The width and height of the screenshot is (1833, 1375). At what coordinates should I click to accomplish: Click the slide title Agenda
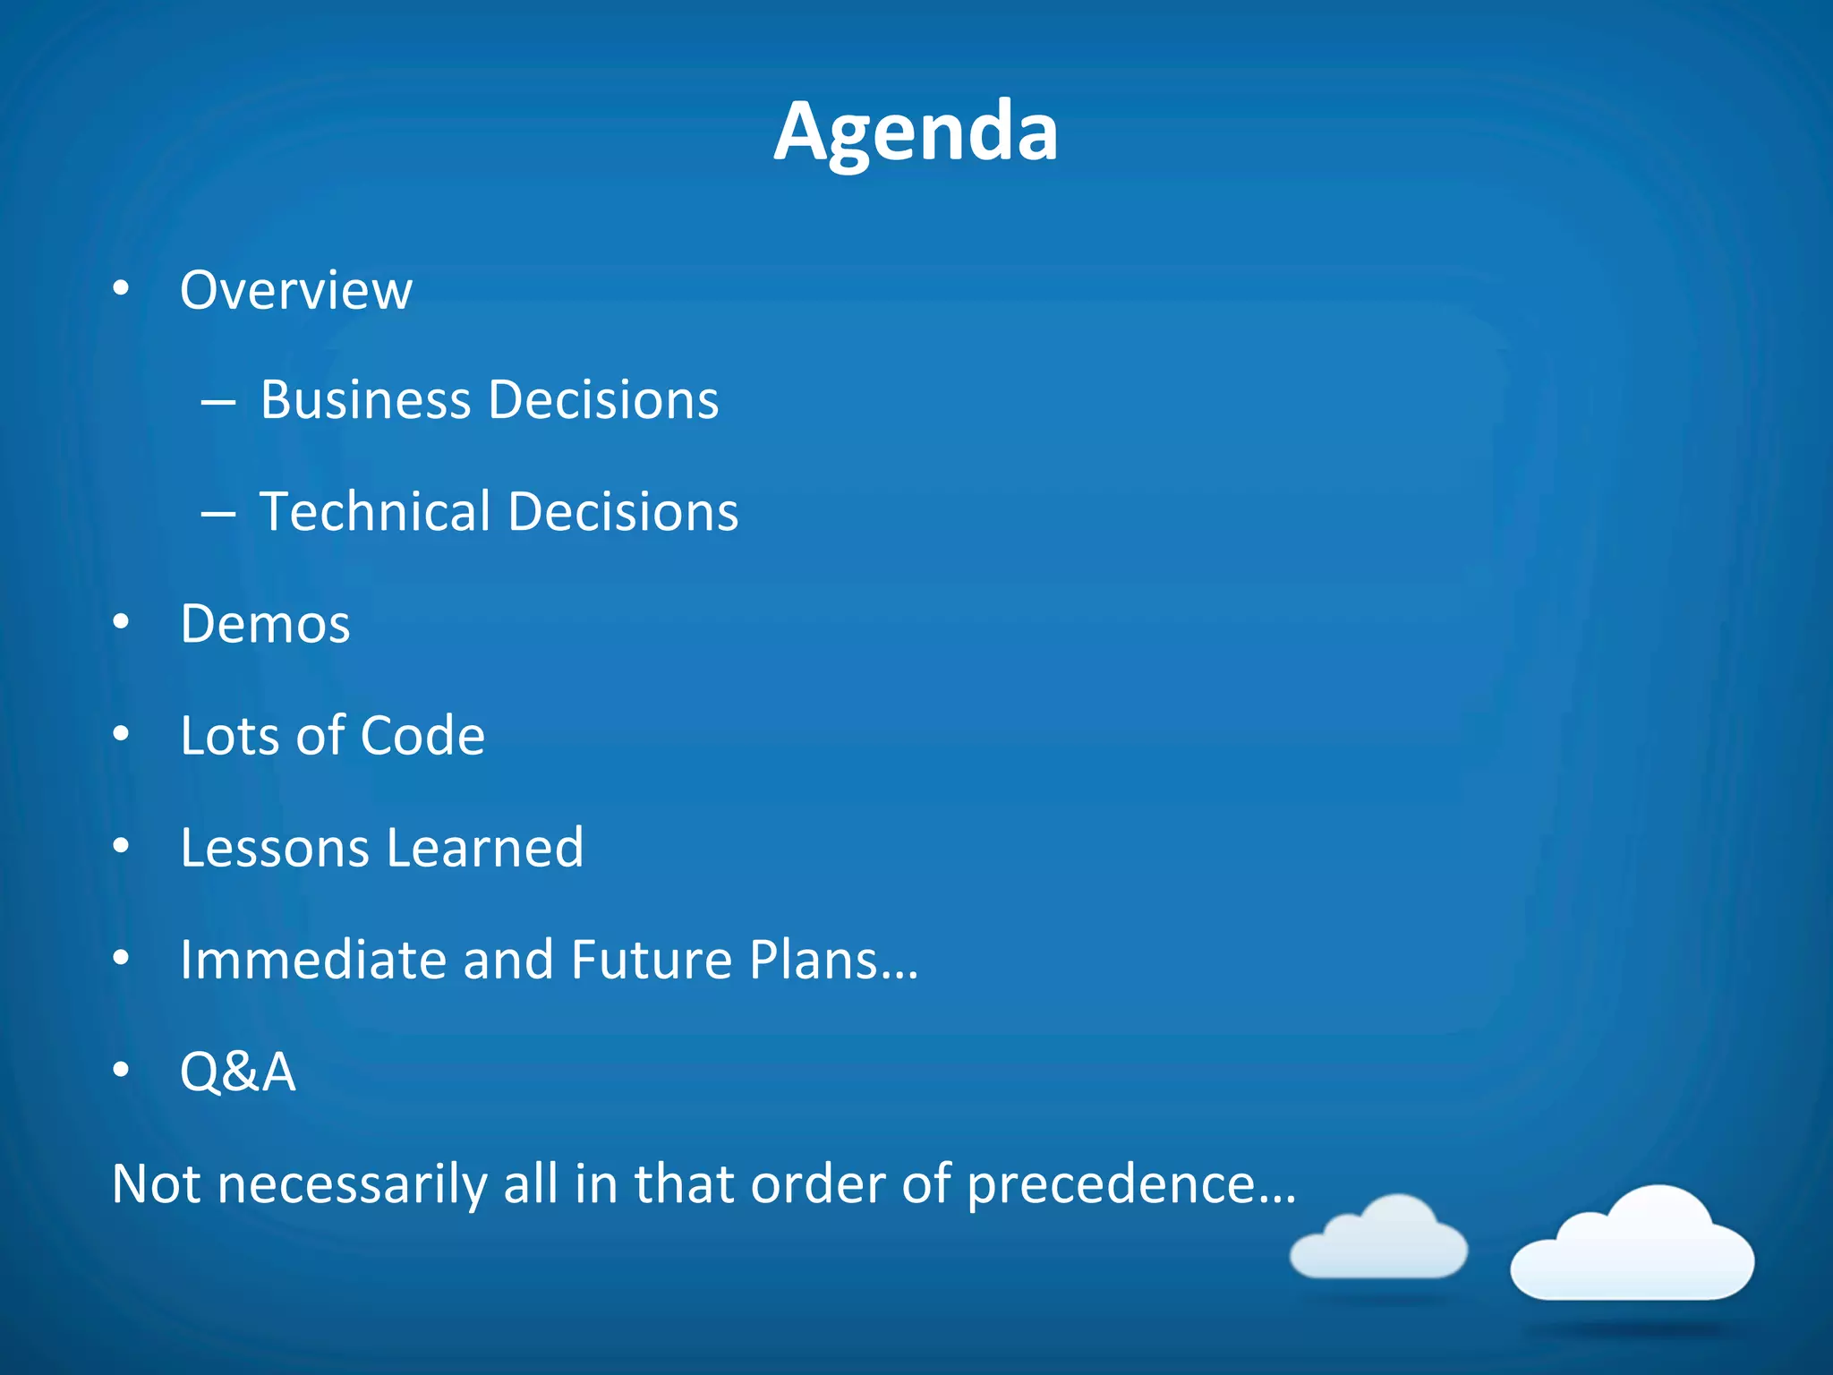(x=916, y=132)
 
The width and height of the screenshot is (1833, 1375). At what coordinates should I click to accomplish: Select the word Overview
(x=296, y=290)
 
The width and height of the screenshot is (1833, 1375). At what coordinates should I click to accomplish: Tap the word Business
(x=365, y=399)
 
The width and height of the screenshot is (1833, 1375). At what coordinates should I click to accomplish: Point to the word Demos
(x=265, y=624)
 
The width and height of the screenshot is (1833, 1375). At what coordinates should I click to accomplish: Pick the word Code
(x=422, y=736)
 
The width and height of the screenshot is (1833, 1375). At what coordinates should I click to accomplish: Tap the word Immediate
(x=312, y=960)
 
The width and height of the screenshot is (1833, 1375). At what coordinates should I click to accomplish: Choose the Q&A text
(x=238, y=1072)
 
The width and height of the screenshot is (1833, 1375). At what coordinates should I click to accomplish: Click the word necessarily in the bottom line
(x=352, y=1184)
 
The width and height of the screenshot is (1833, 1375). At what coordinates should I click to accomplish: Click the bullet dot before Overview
(x=122, y=289)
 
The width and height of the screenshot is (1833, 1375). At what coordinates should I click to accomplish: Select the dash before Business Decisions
(x=218, y=403)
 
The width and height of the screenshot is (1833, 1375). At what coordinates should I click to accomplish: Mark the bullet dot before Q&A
(x=122, y=1070)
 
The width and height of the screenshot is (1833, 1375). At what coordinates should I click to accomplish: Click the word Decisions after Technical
(x=623, y=512)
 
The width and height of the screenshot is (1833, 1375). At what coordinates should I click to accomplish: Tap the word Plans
(x=832, y=960)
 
